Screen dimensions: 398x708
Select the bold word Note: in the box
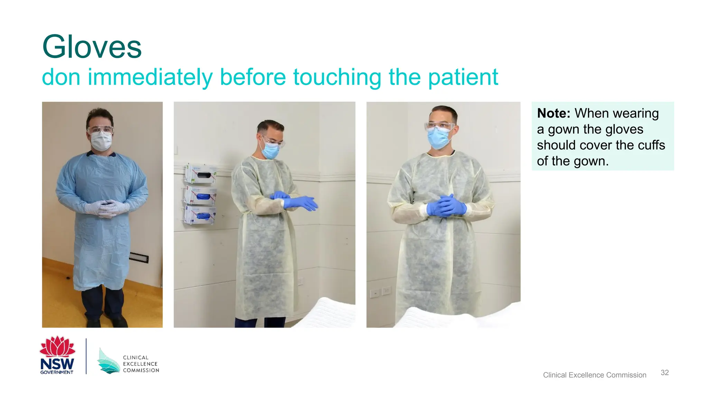click(553, 113)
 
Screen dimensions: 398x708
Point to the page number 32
click(664, 372)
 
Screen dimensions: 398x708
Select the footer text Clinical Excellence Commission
click(594, 375)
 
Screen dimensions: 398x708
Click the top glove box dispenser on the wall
click(201, 174)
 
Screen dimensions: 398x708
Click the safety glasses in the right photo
click(440, 126)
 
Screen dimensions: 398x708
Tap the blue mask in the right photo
click(438, 138)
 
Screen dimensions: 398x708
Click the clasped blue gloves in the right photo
click(446, 206)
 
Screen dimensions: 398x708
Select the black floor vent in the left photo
click(139, 258)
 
